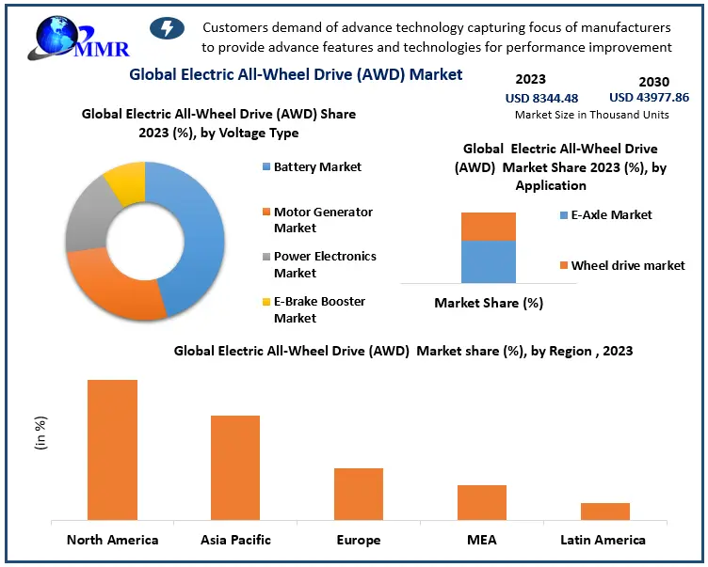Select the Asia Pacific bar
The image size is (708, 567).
click(235, 467)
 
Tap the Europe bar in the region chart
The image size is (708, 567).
click(359, 494)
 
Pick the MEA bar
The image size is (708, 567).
click(482, 502)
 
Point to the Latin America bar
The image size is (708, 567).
click(604, 512)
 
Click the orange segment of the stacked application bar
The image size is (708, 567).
click(488, 227)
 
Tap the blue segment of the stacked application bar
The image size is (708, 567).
click(488, 261)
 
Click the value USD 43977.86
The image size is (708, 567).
click(649, 97)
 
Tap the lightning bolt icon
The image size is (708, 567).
click(168, 29)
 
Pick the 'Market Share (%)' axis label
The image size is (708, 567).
click(488, 303)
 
